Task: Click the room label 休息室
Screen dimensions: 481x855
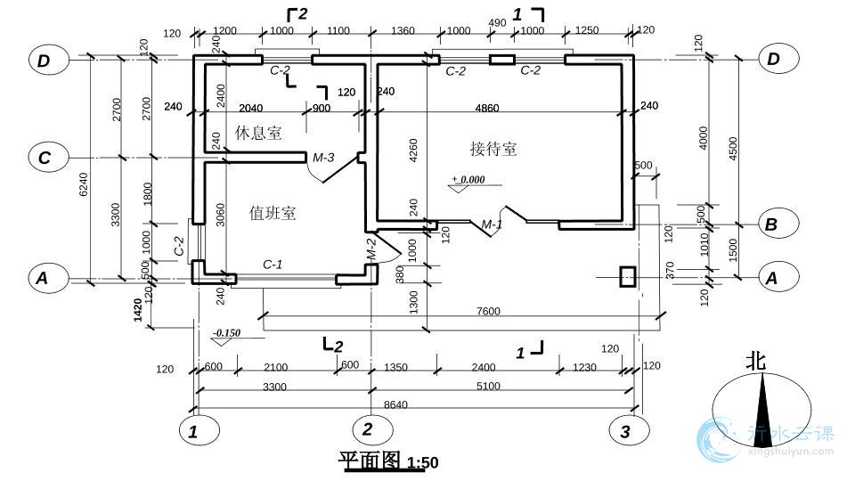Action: coord(258,133)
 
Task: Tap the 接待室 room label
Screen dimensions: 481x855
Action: coord(493,149)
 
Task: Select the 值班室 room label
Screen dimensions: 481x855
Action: coord(273,213)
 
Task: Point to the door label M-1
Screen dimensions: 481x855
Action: coord(493,224)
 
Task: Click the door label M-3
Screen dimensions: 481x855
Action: coord(322,158)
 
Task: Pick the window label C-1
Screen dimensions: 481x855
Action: coord(272,264)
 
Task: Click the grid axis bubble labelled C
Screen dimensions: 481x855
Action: coord(45,159)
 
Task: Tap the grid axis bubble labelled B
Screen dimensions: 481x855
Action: coord(771,224)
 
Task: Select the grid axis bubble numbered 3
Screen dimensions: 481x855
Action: coord(625,431)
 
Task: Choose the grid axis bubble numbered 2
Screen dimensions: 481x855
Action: coord(367,429)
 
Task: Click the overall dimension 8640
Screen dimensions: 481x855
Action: coord(395,404)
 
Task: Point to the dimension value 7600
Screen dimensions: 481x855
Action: coord(488,311)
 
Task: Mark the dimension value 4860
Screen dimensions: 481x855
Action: coord(487,108)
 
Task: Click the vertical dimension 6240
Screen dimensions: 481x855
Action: coord(84,184)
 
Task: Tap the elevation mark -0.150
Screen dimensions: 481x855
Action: coord(227,333)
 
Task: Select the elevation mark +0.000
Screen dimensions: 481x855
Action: coord(469,179)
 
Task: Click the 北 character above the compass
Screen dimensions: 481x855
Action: coord(756,361)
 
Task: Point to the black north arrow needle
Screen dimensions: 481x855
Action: coord(762,414)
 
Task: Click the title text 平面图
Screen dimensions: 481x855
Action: coord(370,461)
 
